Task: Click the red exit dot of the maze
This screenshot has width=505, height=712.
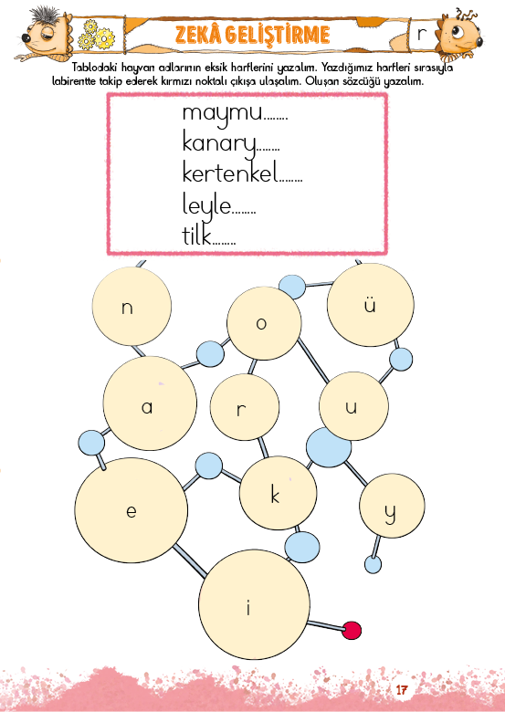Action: [x=352, y=631]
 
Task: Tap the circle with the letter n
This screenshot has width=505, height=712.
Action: [x=132, y=306]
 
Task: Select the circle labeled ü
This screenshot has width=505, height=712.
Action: [x=371, y=305]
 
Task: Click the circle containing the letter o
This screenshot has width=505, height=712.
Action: [x=264, y=323]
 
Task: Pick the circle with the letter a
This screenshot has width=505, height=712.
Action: [x=150, y=403]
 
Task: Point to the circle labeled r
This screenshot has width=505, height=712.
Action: [x=245, y=407]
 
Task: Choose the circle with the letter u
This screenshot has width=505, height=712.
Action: [x=353, y=406]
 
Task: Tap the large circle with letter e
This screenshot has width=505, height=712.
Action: [x=132, y=510]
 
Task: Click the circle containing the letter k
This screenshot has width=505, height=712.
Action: [x=278, y=493]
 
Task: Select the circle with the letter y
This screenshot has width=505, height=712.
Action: [x=392, y=506]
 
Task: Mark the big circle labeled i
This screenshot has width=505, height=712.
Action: [x=254, y=605]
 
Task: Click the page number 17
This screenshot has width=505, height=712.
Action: [x=402, y=690]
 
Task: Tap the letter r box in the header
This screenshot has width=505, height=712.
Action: [x=423, y=34]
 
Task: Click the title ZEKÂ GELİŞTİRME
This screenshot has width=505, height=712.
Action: [x=252, y=35]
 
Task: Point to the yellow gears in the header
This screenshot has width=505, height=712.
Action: [x=96, y=36]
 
